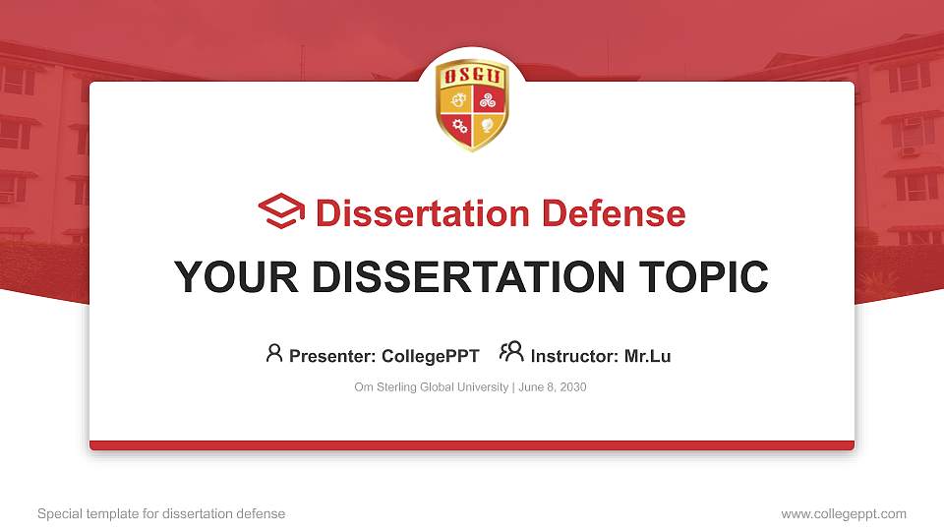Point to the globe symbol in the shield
(x=485, y=125)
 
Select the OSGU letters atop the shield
(x=472, y=76)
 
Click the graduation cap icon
(x=281, y=211)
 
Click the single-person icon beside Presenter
(x=274, y=353)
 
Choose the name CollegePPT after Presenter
(x=430, y=356)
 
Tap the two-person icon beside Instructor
(x=511, y=352)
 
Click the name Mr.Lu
(x=647, y=356)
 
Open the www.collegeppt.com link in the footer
(x=844, y=513)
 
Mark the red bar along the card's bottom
(x=472, y=445)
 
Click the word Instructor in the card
(x=574, y=356)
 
